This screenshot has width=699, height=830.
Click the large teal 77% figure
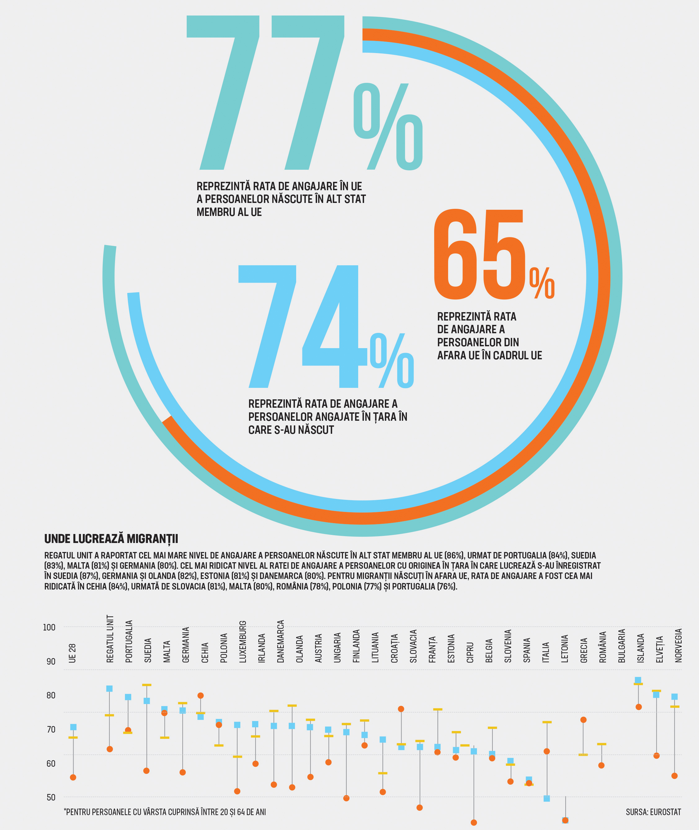click(304, 93)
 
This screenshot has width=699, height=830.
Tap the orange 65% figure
click(494, 254)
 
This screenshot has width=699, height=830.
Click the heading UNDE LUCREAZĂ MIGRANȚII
click(111, 539)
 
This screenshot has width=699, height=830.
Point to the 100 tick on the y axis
click(49, 627)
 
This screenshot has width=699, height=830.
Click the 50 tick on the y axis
click(51, 797)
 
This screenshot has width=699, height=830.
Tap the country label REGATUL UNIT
click(110, 639)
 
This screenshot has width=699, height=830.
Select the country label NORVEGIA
click(679, 645)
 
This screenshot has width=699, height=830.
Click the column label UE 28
click(72, 653)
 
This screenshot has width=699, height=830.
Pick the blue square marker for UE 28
click(73, 727)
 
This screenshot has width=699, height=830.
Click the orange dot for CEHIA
click(201, 696)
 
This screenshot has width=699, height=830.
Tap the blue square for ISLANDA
click(638, 680)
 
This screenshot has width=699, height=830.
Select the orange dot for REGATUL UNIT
click(110, 749)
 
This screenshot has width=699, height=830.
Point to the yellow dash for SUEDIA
click(147, 685)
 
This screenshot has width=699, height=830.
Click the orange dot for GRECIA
click(583, 720)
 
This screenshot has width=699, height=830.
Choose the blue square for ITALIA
click(547, 799)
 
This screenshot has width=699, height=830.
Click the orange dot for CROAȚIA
click(401, 709)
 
